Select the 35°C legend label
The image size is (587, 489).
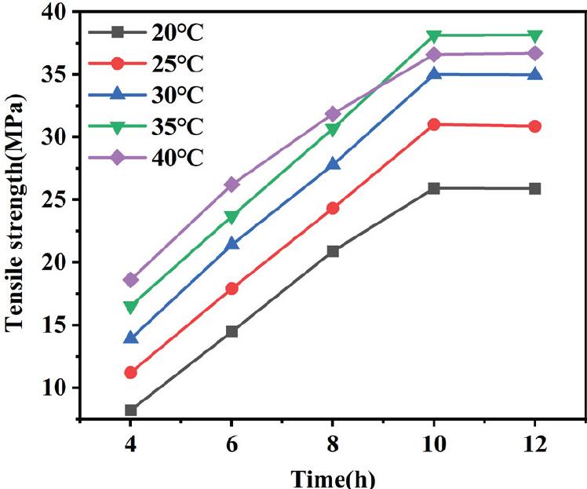176,126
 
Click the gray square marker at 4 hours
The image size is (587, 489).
130,410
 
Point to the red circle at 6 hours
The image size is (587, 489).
232,288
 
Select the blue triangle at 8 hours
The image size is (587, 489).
333,164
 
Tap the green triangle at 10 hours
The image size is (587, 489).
434,36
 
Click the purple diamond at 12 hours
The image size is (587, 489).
535,53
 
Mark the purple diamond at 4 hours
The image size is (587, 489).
130,279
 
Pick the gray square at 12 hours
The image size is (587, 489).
535,188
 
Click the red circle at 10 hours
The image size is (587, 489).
434,124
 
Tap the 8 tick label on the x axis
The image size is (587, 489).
333,444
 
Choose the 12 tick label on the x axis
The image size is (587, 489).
535,444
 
